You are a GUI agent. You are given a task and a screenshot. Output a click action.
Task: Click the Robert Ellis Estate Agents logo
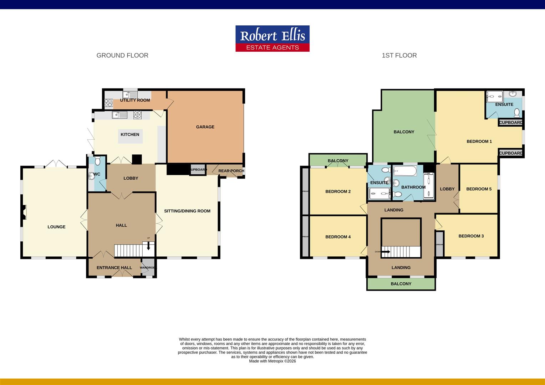(272, 38)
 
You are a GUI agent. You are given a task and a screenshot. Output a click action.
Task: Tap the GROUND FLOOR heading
(122, 55)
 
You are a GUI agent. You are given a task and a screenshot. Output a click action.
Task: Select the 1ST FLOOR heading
(399, 55)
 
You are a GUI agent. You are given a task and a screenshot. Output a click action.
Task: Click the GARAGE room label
(205, 127)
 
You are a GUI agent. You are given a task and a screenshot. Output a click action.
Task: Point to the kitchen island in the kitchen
(130, 136)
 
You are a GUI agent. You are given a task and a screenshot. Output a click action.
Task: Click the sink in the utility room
(130, 94)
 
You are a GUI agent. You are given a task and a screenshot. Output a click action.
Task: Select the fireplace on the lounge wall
(24, 212)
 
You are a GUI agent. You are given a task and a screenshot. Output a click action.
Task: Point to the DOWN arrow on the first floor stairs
(386, 252)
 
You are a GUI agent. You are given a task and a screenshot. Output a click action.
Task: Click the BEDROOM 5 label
(479, 189)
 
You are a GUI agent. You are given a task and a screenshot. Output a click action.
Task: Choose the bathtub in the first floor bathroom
(405, 171)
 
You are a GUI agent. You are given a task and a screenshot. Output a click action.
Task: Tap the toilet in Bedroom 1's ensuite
(516, 113)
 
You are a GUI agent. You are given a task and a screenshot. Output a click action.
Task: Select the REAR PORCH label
(231, 171)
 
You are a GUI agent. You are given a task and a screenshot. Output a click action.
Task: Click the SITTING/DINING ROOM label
(187, 211)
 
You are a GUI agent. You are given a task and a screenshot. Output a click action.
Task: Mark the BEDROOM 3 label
(471, 236)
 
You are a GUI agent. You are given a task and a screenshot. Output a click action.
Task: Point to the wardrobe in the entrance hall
(148, 267)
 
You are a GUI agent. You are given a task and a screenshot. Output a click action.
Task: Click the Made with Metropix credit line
(272, 361)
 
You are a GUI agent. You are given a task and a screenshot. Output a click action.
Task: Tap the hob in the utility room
(108, 103)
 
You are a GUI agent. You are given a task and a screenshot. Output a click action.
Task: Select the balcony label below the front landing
(401, 284)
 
